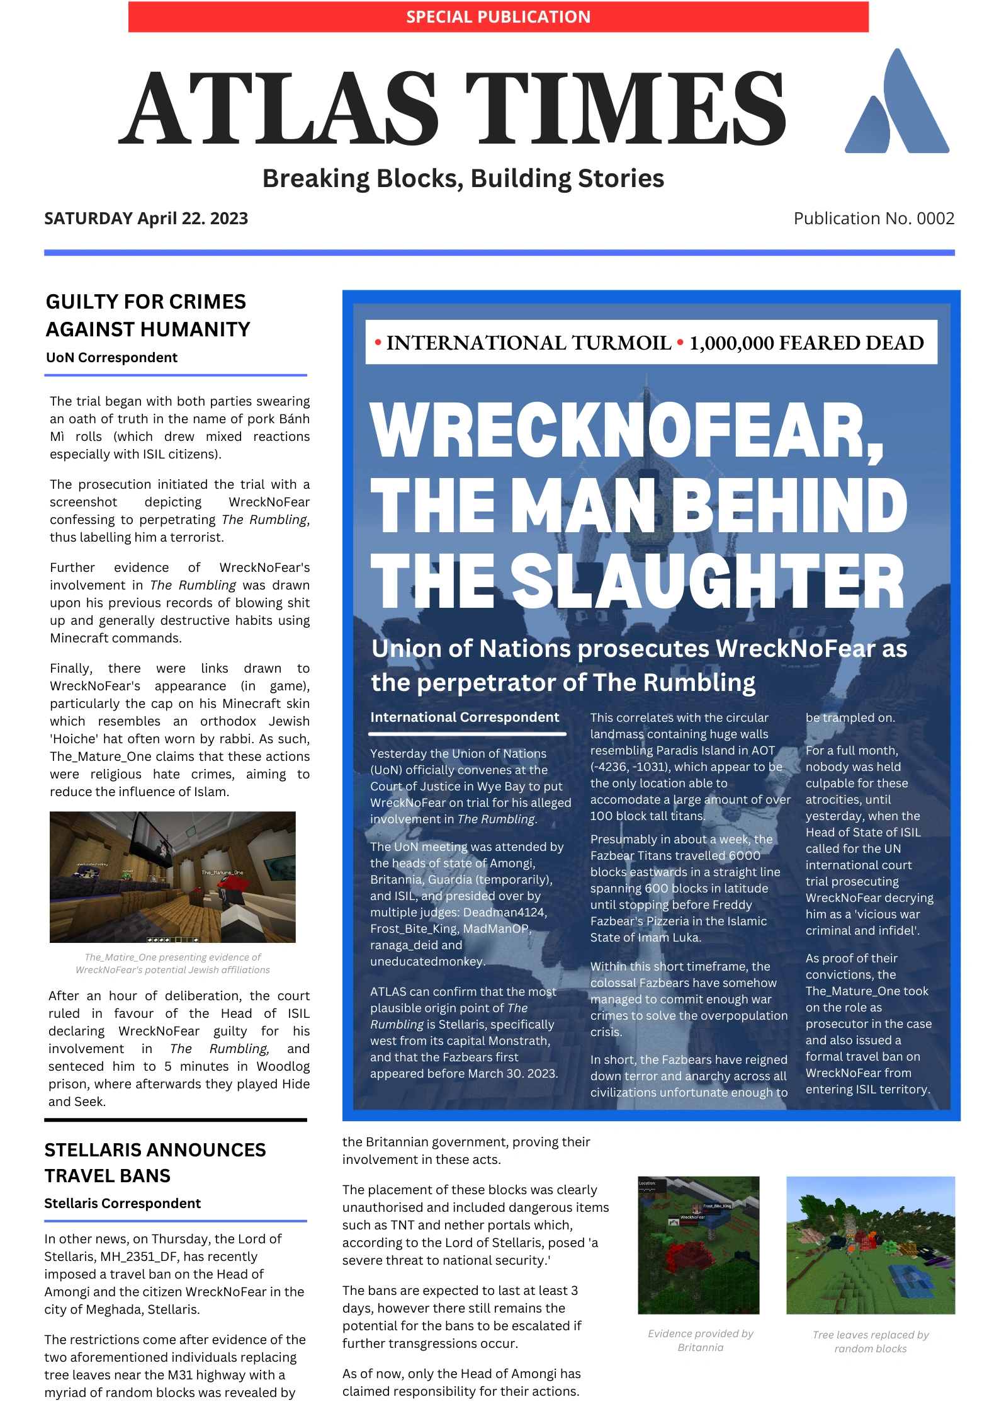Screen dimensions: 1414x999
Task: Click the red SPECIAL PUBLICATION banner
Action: pos(498,17)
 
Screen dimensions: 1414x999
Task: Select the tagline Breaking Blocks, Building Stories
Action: pos(463,179)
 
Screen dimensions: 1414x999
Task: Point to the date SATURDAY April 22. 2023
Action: pos(146,219)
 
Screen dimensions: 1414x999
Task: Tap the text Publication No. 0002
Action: pos(873,219)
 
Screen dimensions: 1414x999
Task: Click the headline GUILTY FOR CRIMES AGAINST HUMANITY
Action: pos(147,316)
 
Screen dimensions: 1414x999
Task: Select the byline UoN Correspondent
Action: pos(111,358)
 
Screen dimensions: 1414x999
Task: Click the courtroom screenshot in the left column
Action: pos(172,876)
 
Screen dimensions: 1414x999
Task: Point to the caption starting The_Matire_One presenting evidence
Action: pos(172,963)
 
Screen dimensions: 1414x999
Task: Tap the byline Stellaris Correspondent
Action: pos(122,1203)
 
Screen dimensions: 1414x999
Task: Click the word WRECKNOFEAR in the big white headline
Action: pos(626,431)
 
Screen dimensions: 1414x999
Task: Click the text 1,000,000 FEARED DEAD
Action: pos(806,343)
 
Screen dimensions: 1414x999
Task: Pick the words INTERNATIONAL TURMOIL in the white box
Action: pos(528,343)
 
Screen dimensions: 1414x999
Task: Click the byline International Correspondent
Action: pos(465,717)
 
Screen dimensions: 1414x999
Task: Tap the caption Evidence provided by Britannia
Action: pos(700,1340)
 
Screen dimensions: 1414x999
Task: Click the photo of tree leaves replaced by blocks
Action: pos(870,1245)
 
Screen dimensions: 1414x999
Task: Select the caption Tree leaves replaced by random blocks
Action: pos(870,1342)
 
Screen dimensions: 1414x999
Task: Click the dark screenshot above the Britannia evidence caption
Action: pos(698,1245)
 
